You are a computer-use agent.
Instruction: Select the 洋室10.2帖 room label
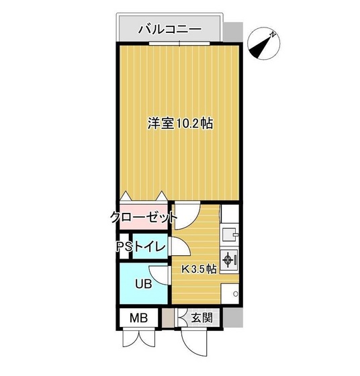(180, 124)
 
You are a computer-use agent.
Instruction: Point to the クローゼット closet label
(144, 217)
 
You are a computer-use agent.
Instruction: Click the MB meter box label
(138, 318)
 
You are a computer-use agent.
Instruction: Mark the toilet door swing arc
(180, 248)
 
